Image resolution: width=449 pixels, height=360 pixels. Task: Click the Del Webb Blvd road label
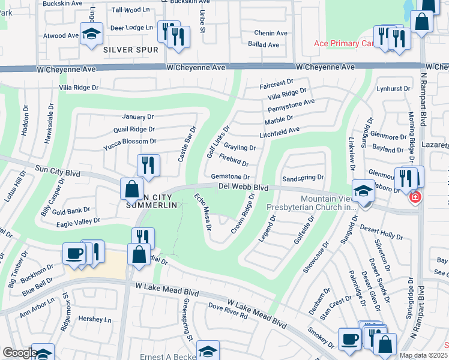[x=243, y=187]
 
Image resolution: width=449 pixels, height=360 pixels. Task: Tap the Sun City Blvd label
[x=58, y=172]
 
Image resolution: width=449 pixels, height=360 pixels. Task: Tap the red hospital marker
[x=414, y=197]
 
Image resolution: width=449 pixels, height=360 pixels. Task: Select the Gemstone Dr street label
[x=230, y=177]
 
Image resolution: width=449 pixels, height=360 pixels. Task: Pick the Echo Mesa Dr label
[x=203, y=212]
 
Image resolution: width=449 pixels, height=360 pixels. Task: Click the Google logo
[x=19, y=353]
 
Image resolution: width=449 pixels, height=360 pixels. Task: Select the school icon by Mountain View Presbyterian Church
[x=363, y=191]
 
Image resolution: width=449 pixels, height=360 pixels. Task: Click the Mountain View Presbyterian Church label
[x=312, y=202]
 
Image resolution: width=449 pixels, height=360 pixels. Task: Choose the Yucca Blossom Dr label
[x=130, y=142]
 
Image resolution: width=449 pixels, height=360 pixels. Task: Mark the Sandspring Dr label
[x=303, y=178]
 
